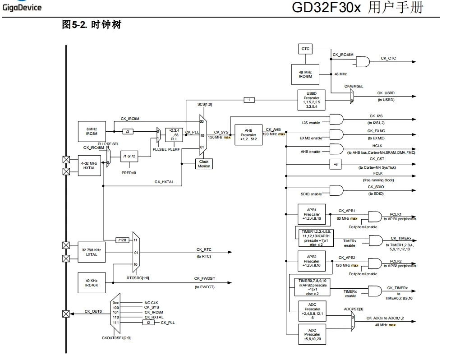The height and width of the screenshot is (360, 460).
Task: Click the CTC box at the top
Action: point(305,49)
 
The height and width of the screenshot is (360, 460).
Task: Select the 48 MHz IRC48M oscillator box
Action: point(305,74)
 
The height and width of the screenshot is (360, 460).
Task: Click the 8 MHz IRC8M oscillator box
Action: point(92,131)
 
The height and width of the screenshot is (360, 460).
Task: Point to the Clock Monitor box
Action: point(203,164)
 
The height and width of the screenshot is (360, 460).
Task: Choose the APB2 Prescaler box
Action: point(311,261)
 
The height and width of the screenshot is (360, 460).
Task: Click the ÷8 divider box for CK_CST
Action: point(335,165)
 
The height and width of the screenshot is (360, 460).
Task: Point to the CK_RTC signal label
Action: point(204,249)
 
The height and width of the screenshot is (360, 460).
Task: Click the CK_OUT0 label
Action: point(93,311)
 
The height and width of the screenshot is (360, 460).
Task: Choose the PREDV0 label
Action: point(129,172)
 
